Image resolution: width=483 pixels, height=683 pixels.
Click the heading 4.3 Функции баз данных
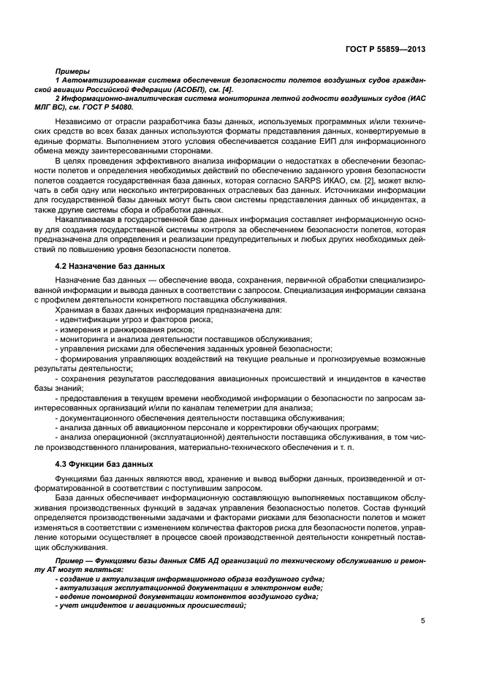pos(104,464)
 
